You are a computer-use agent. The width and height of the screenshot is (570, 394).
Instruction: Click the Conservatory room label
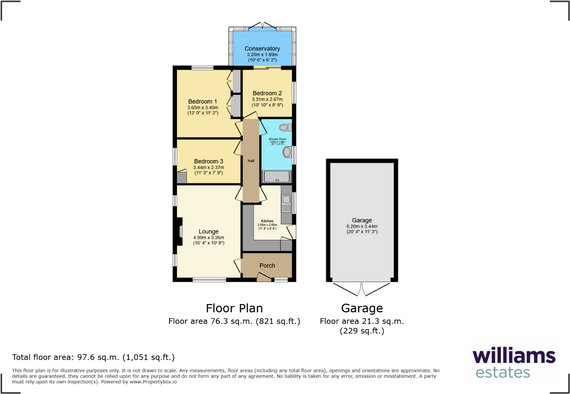(262, 49)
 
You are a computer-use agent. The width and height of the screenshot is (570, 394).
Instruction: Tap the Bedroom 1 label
(202, 101)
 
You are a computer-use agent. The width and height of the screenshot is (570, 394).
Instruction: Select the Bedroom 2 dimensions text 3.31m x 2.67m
(267, 99)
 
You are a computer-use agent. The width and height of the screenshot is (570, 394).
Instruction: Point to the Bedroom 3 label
(208, 161)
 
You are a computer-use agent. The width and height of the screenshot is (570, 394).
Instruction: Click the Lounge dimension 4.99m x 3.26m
(208, 238)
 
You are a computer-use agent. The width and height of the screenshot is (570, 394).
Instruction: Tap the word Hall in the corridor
(251, 161)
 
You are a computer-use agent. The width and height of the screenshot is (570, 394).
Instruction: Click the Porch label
(267, 266)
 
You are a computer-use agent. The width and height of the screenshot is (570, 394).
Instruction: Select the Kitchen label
(267, 221)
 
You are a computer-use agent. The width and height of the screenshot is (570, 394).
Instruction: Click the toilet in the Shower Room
(285, 128)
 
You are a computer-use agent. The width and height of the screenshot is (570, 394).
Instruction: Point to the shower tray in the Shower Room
(277, 177)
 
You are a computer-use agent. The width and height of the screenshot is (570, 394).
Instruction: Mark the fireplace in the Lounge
(179, 231)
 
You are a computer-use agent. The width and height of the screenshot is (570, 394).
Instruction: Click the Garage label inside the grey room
(362, 220)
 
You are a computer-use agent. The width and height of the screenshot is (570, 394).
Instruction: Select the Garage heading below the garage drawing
(362, 308)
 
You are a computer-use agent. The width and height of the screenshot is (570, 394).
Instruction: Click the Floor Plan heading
(234, 308)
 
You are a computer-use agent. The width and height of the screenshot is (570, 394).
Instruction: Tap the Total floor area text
(93, 357)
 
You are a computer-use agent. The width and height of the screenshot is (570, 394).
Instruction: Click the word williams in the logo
(514, 356)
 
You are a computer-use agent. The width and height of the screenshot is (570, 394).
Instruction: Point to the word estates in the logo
(503, 372)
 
